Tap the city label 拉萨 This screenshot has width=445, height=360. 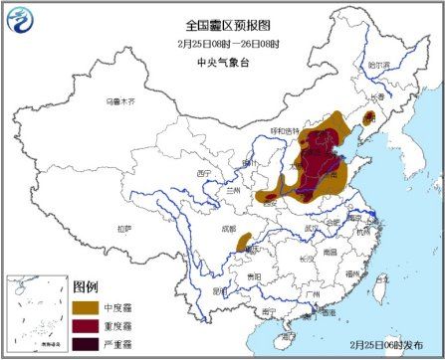[123, 228]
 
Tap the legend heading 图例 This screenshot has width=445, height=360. [86, 286]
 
